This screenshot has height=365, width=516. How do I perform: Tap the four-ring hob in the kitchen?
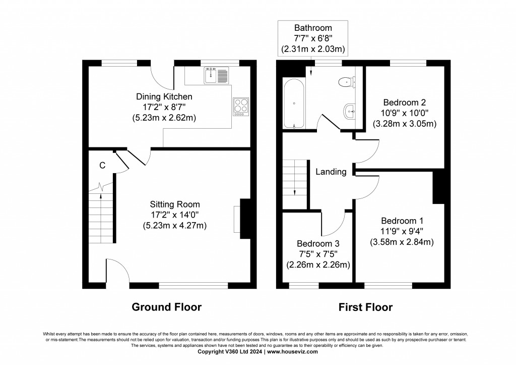click(x=241, y=107)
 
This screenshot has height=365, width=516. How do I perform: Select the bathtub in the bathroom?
click(x=294, y=103)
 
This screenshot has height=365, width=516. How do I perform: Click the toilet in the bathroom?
click(x=347, y=81)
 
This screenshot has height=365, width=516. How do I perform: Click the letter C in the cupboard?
click(x=102, y=165)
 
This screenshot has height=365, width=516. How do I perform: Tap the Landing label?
click(x=331, y=172)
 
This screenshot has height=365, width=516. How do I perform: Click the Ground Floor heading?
click(x=166, y=307)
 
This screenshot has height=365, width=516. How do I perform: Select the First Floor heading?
click(x=365, y=307)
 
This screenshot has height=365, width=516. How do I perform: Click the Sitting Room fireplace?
click(x=244, y=218)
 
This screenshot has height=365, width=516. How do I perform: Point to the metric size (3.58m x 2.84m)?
click(x=402, y=242)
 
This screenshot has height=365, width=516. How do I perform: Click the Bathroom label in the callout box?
click(x=313, y=28)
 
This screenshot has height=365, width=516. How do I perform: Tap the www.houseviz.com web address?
click(x=292, y=351)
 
